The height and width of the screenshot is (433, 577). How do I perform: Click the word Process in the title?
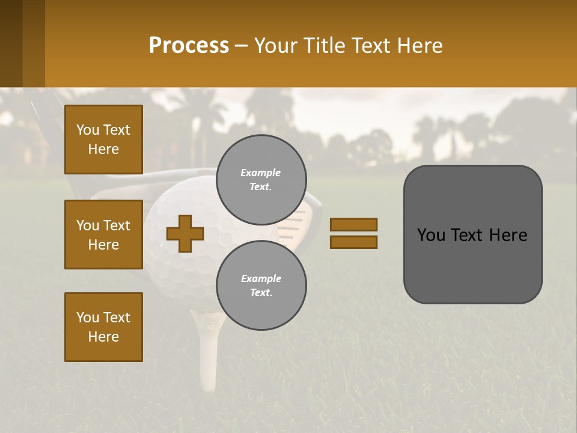point(189,45)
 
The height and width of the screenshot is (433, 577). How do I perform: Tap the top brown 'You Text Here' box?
point(103,140)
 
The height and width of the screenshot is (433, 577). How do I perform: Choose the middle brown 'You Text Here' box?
point(103,235)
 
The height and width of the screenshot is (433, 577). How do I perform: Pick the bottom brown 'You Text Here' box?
point(103,327)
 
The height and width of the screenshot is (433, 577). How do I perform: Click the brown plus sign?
point(185,233)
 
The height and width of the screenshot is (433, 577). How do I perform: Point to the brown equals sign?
point(353,233)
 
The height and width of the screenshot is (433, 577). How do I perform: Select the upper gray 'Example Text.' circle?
point(261,179)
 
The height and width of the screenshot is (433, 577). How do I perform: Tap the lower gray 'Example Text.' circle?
point(261,285)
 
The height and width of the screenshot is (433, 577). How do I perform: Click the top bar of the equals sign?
point(353,225)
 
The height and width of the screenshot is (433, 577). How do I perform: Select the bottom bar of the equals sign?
point(353,242)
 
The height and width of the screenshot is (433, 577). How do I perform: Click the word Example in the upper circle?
point(261,173)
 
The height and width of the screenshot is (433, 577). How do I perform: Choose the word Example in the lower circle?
point(261,278)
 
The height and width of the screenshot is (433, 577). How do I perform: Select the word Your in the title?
point(275,45)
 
